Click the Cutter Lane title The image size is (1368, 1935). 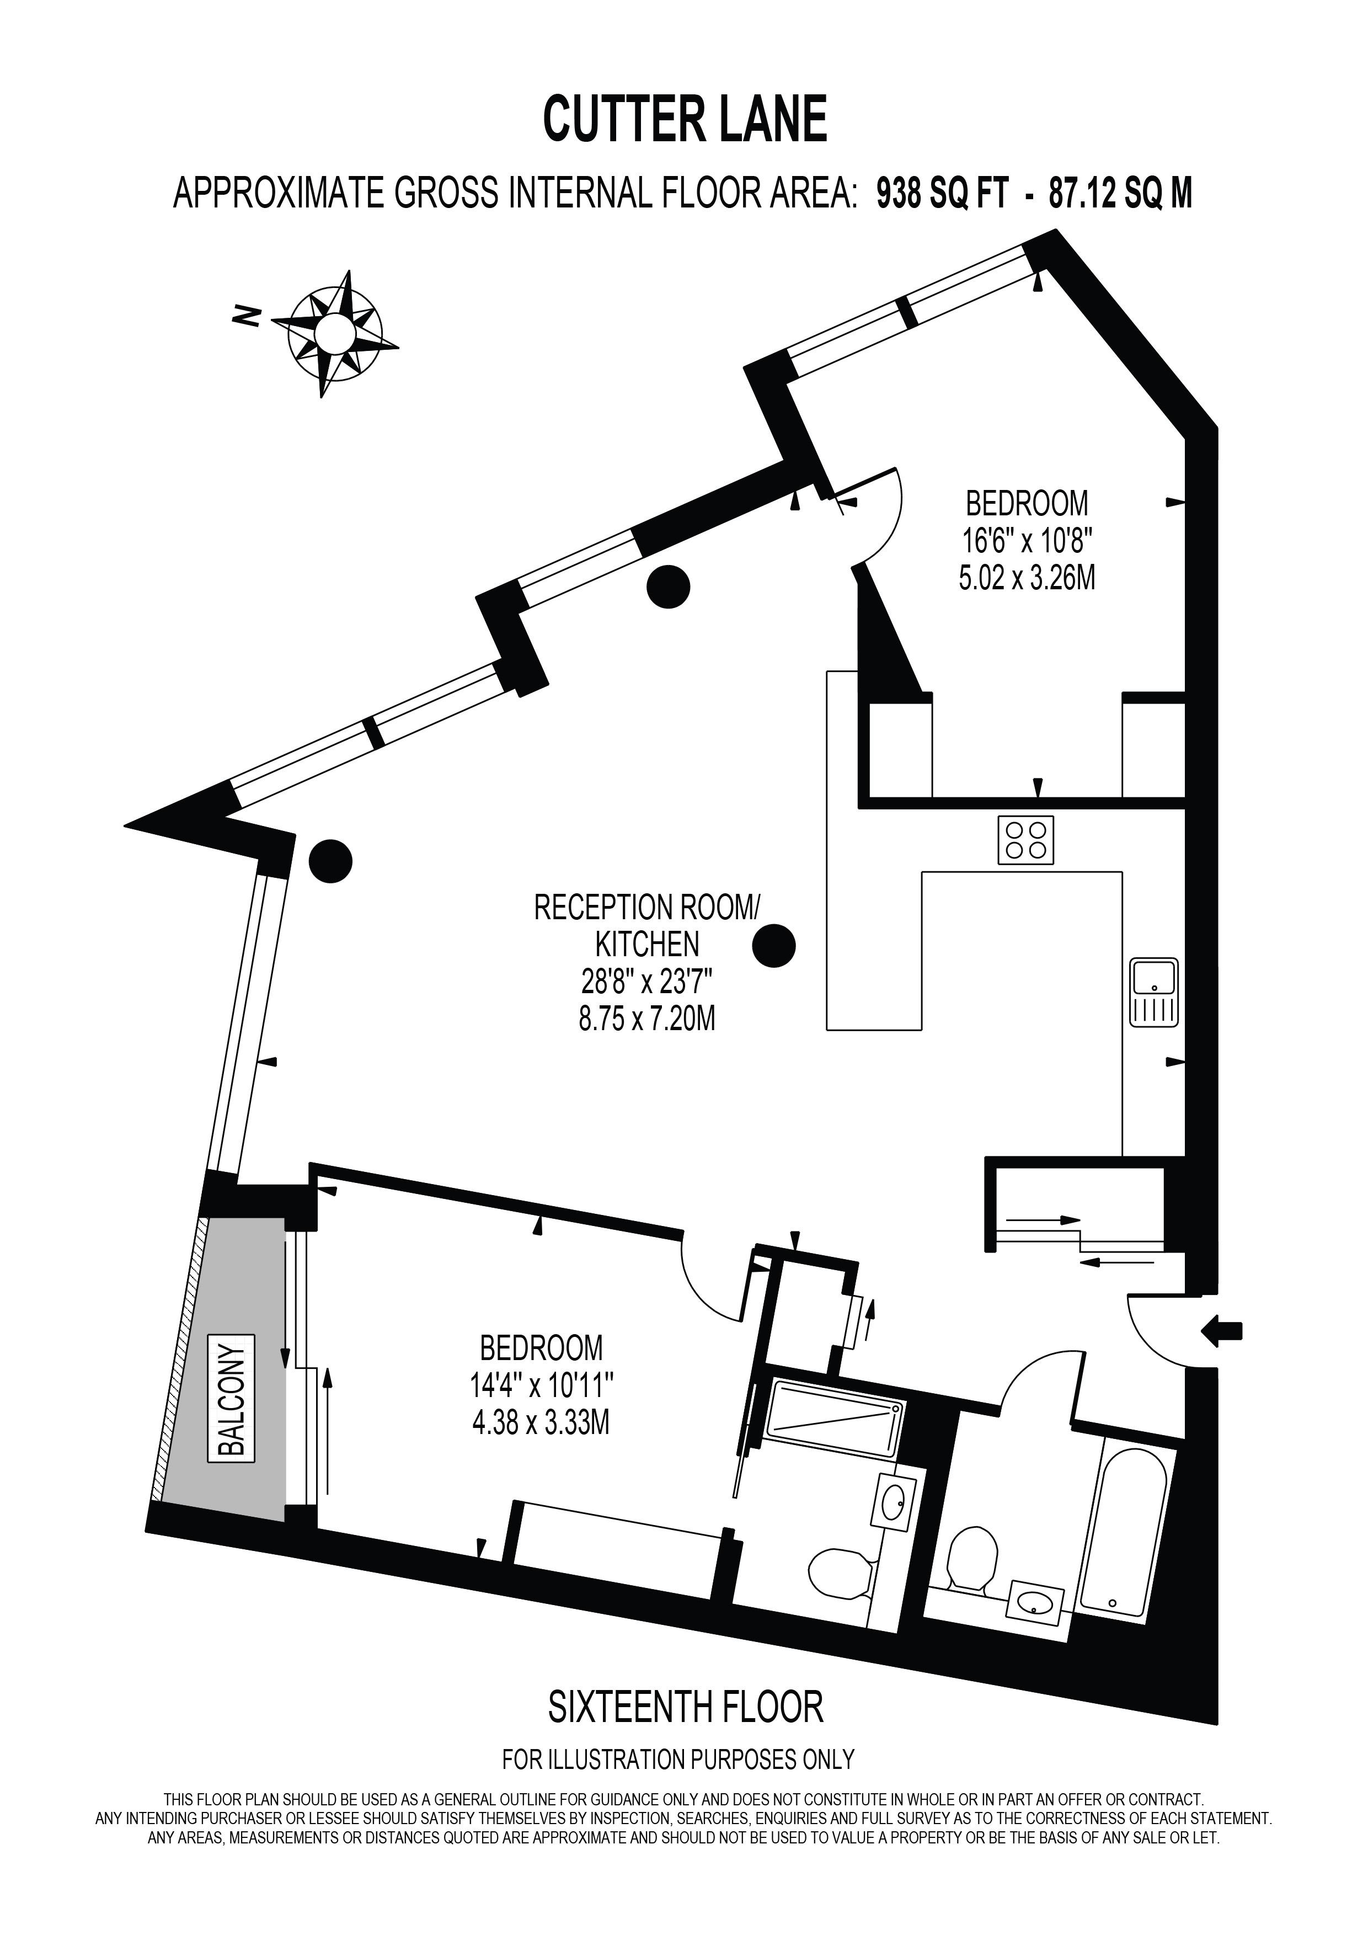pos(684,120)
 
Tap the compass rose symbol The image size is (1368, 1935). pos(334,332)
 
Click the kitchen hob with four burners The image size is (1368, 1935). pos(1025,840)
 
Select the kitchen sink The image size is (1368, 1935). pos(1154,992)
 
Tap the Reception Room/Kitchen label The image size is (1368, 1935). pos(647,925)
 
